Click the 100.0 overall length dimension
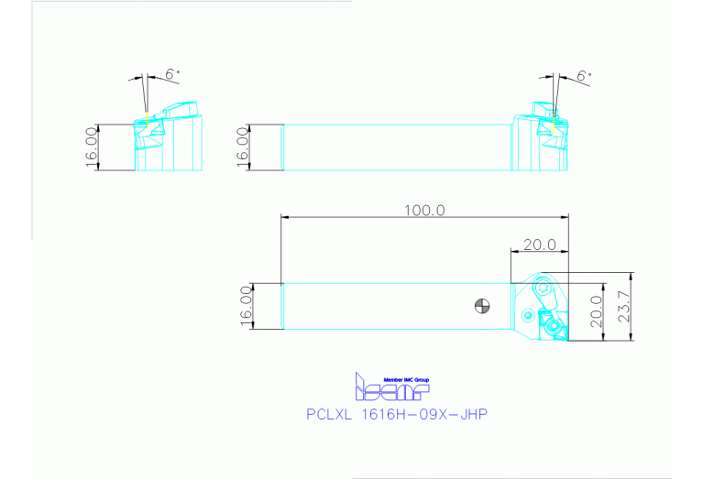click(424, 209)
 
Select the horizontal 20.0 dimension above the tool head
click(539, 245)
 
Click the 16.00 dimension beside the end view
click(92, 147)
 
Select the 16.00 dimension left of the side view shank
click(243, 147)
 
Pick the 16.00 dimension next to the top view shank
click(246, 306)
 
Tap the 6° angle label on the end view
click(171, 74)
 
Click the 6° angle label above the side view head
click(584, 76)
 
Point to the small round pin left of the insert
click(529, 315)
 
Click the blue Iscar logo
click(391, 389)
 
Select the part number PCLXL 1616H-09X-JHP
click(396, 415)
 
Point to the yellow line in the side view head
click(552, 118)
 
